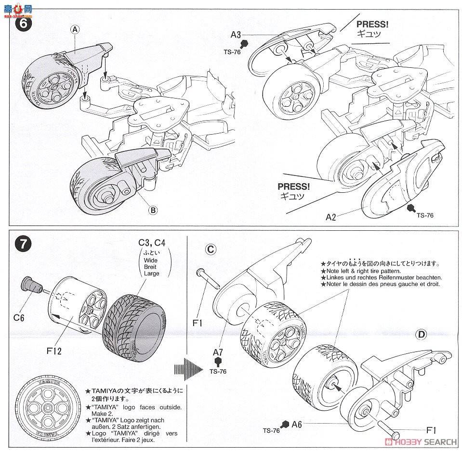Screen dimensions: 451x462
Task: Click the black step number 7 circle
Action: [23, 245]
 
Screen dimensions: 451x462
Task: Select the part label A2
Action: [331, 217]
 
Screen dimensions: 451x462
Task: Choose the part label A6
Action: [297, 424]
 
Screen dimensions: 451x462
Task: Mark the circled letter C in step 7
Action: [211, 249]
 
